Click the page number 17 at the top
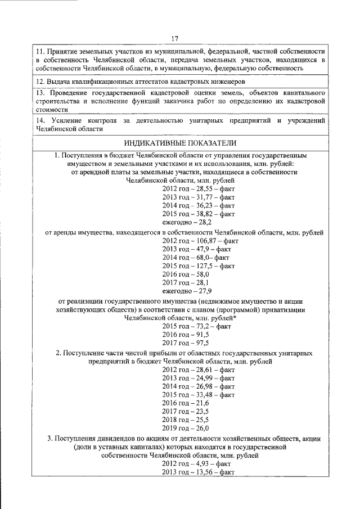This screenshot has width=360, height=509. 175,38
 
